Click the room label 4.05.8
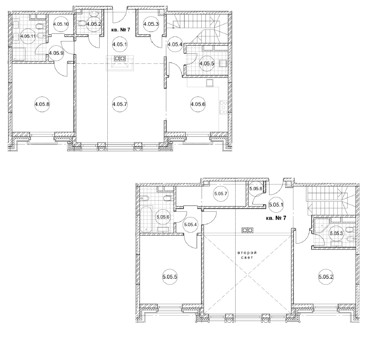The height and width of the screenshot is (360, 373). (x=42, y=104)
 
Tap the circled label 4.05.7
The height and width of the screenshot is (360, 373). (x=120, y=104)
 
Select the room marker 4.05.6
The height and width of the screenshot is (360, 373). (x=198, y=104)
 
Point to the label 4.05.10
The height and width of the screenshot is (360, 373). (x=61, y=24)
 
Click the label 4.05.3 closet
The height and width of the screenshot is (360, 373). (x=151, y=24)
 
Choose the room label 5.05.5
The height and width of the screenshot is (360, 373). (x=170, y=277)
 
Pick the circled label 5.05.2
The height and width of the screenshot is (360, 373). (x=326, y=277)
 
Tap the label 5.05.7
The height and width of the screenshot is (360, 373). (x=221, y=194)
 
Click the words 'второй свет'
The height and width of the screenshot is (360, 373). (x=247, y=255)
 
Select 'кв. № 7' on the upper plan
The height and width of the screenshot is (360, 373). (x=120, y=30)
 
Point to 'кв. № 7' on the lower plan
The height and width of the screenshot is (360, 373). (x=276, y=218)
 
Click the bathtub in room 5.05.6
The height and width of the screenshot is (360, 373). (x=146, y=219)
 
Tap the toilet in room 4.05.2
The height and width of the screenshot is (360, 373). (x=82, y=23)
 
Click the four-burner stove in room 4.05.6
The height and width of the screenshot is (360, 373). (x=223, y=108)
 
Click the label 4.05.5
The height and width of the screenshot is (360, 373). (x=207, y=64)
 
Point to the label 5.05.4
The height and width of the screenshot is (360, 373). (x=190, y=225)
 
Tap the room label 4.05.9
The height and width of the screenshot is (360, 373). (x=56, y=53)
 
